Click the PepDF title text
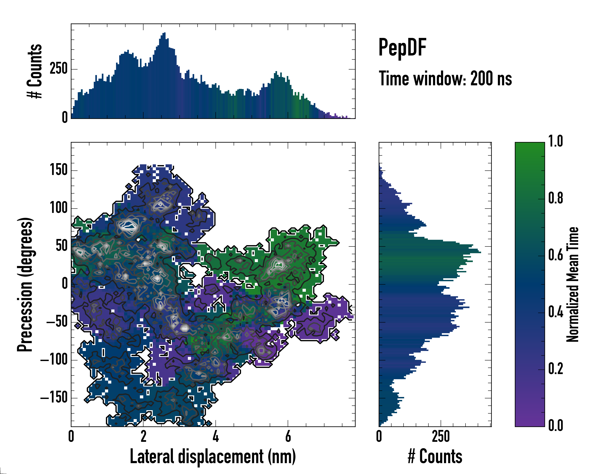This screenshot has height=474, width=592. [x=402, y=48]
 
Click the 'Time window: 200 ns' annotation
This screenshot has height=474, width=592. [x=445, y=79]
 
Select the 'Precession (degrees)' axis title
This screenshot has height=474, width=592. [x=25, y=284]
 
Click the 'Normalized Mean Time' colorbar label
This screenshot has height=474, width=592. [x=572, y=284]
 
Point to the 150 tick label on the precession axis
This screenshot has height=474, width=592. [x=59, y=170]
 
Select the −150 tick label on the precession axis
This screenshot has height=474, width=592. [x=54, y=398]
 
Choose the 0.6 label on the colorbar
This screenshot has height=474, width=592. [x=555, y=255]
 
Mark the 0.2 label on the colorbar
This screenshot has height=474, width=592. [x=555, y=369]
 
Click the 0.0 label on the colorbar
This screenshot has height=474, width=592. [x=555, y=426]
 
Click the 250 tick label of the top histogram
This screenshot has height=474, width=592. [x=59, y=69]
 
